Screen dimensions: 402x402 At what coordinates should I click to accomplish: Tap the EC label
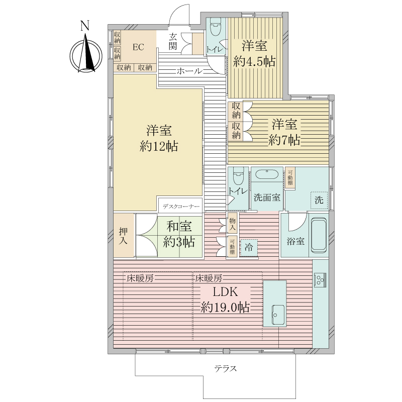point(138,47)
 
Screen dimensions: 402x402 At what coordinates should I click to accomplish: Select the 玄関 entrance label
point(173,41)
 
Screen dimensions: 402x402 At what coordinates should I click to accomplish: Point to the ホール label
point(189,71)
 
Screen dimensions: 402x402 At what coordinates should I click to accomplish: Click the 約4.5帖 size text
point(254,61)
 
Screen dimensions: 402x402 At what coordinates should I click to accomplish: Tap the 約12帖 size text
point(159,147)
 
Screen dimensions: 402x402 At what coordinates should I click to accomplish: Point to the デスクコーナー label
point(180,207)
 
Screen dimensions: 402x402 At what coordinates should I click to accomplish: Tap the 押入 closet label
point(123,236)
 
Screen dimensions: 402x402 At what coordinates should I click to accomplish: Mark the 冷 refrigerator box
point(249,247)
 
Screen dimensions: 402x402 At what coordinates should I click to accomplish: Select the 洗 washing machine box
point(319,199)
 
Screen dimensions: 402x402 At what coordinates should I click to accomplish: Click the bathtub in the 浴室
point(319,236)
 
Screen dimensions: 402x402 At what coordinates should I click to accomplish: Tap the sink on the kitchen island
point(278,315)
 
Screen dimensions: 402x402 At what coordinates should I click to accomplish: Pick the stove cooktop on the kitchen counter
point(320,279)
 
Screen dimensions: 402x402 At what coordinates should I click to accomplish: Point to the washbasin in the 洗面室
point(266,175)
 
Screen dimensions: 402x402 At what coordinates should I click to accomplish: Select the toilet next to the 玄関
point(216,29)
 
